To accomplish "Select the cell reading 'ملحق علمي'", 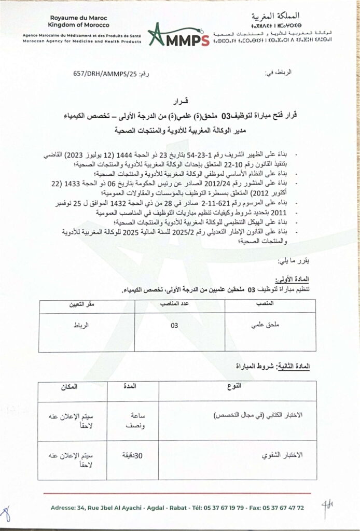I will coord(267,327).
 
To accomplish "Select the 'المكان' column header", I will coord(70,387).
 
